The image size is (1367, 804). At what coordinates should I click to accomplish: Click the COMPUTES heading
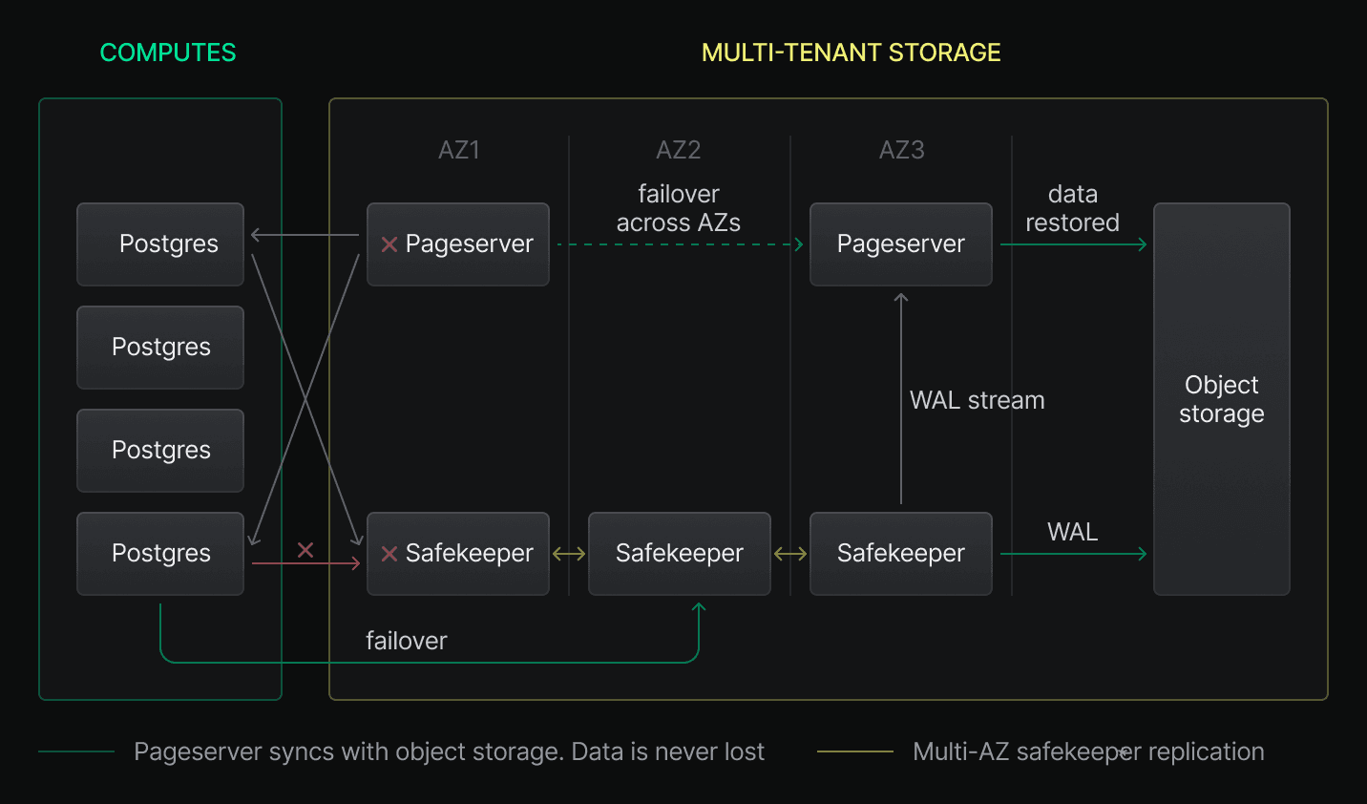coord(168,53)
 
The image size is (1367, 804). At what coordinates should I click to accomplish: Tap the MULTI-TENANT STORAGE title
coord(851,53)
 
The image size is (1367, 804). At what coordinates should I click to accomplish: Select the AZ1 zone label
coord(459,150)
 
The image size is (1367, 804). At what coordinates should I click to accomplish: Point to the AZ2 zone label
coord(679,150)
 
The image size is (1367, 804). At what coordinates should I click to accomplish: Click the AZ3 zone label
coord(901,150)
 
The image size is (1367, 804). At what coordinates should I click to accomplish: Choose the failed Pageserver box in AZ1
coord(458,244)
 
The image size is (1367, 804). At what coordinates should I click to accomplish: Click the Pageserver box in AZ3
coord(900,244)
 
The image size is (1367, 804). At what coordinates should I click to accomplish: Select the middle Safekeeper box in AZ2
coord(679,554)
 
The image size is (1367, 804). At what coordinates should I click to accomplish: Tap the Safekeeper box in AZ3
coord(900,554)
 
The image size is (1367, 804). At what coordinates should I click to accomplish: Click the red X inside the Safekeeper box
coord(389,554)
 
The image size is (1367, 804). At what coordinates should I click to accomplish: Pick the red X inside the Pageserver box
coord(389,244)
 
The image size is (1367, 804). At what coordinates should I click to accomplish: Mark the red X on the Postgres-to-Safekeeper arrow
coord(305,550)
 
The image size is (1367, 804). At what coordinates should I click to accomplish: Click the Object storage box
coord(1221,399)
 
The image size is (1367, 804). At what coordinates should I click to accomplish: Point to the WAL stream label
coord(977,400)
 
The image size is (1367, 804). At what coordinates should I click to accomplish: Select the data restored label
coord(1072,208)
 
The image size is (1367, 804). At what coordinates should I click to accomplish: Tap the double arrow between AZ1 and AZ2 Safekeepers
coord(569,554)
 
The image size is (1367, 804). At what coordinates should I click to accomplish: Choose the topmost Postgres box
coord(160,244)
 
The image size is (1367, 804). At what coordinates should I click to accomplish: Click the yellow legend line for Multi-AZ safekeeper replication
coord(854,752)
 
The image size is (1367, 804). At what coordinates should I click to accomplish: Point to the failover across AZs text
coord(679,208)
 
